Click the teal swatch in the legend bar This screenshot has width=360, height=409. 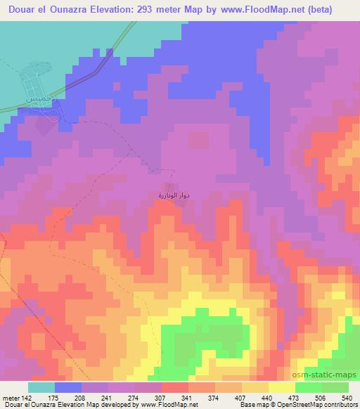(41, 387)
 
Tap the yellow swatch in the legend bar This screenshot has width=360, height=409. (282, 387)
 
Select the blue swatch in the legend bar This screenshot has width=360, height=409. (67, 387)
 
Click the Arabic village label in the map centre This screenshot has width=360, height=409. (169, 193)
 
